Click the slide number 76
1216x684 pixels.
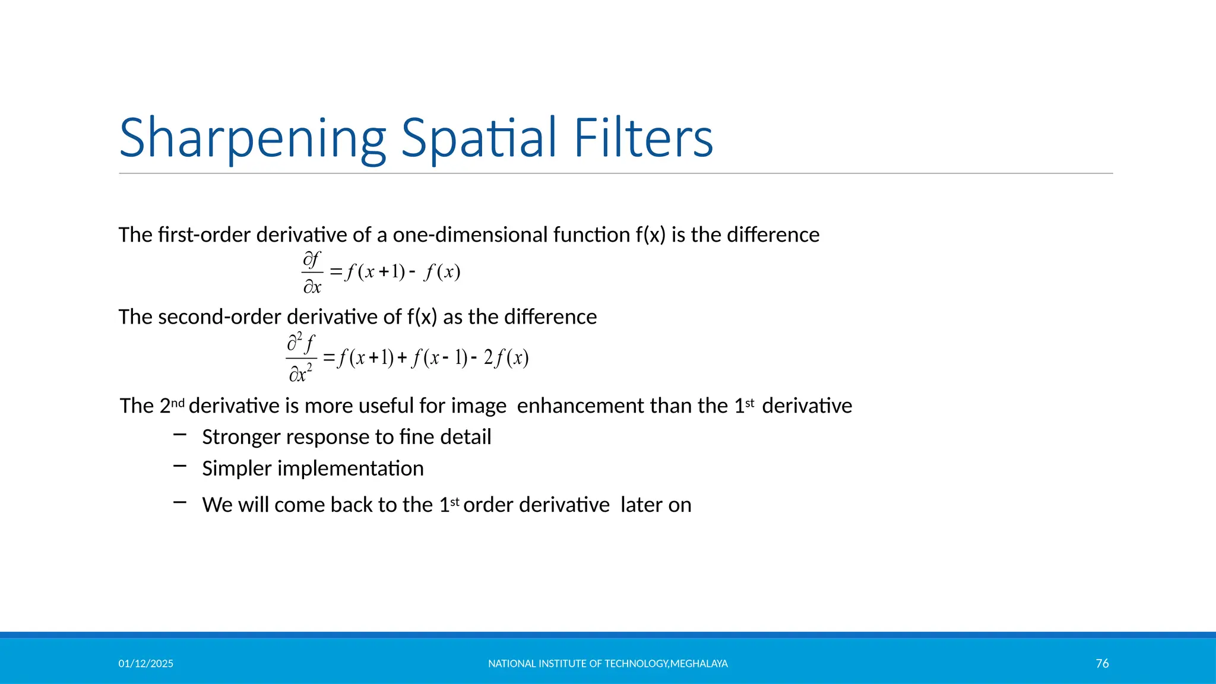[1102, 663]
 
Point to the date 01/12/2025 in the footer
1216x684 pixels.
[145, 664]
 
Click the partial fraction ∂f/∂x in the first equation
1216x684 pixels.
[312, 273]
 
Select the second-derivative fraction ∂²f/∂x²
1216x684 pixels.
[301, 358]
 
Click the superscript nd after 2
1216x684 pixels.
[178, 403]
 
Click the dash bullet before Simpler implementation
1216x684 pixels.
[180, 467]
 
